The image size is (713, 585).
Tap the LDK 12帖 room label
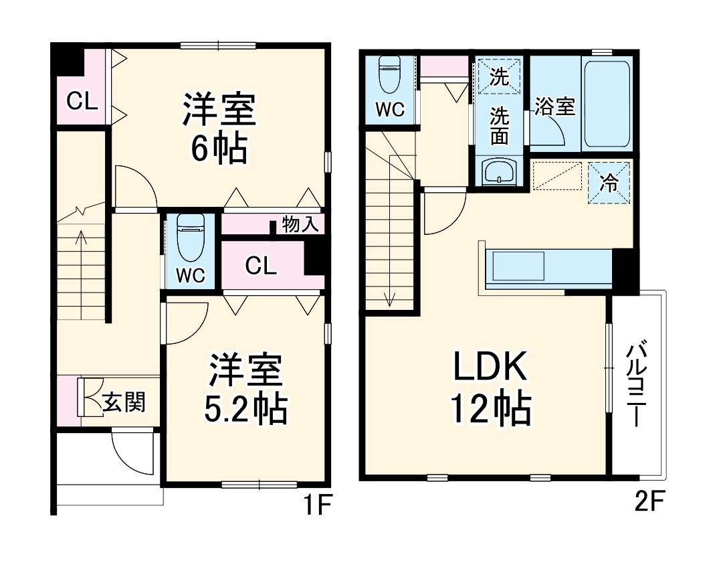click(492, 388)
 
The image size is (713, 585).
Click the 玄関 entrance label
click(124, 403)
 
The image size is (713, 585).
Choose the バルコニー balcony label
click(637, 384)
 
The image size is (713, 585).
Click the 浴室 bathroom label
click(555, 106)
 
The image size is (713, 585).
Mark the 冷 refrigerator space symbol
click(609, 182)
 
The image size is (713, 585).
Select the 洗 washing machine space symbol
click(499, 76)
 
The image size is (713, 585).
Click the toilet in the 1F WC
click(189, 239)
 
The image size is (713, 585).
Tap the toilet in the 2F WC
click(389, 75)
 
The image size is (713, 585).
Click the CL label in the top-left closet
click(82, 102)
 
